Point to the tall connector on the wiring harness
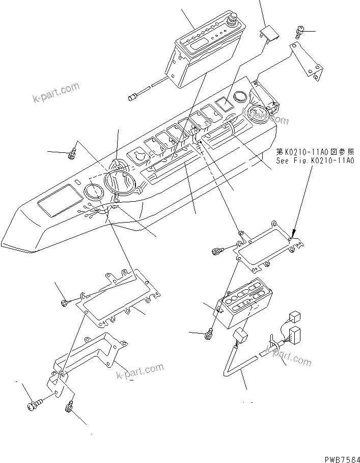pos(294,337)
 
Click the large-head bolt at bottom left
pos(33,405)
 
